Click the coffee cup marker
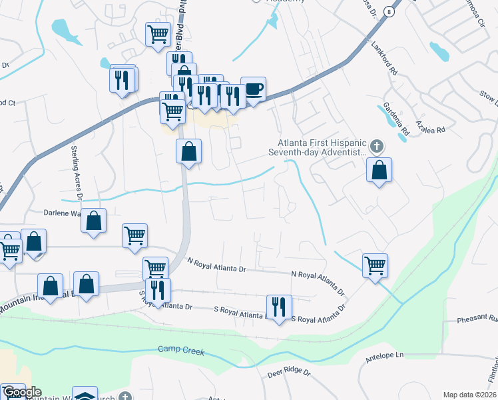[252, 89]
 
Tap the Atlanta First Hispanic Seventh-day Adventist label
[318, 147]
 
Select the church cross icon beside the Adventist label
[377, 145]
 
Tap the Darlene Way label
[70, 215]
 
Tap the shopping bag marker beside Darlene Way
[94, 221]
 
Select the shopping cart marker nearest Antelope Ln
[375, 265]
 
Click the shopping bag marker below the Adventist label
[379, 170]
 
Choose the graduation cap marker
[85, 396]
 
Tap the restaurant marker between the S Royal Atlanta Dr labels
[278, 307]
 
